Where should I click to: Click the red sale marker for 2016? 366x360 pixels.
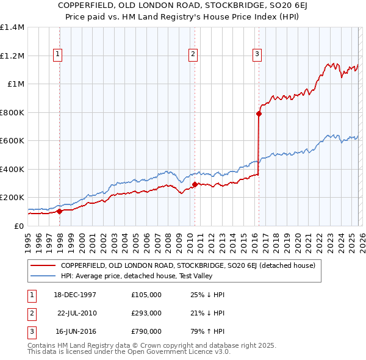[259, 113]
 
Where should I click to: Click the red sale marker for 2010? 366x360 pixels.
[195, 184]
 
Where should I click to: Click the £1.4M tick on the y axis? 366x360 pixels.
[12, 27]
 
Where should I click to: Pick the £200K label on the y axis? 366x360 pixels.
[12, 198]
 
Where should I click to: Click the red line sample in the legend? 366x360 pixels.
[43, 265]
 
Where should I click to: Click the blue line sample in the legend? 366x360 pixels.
[43, 275]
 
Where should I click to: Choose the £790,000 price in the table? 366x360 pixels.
[146, 331]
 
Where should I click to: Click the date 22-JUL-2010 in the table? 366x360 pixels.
[77, 313]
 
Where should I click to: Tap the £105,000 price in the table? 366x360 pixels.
[146, 295]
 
